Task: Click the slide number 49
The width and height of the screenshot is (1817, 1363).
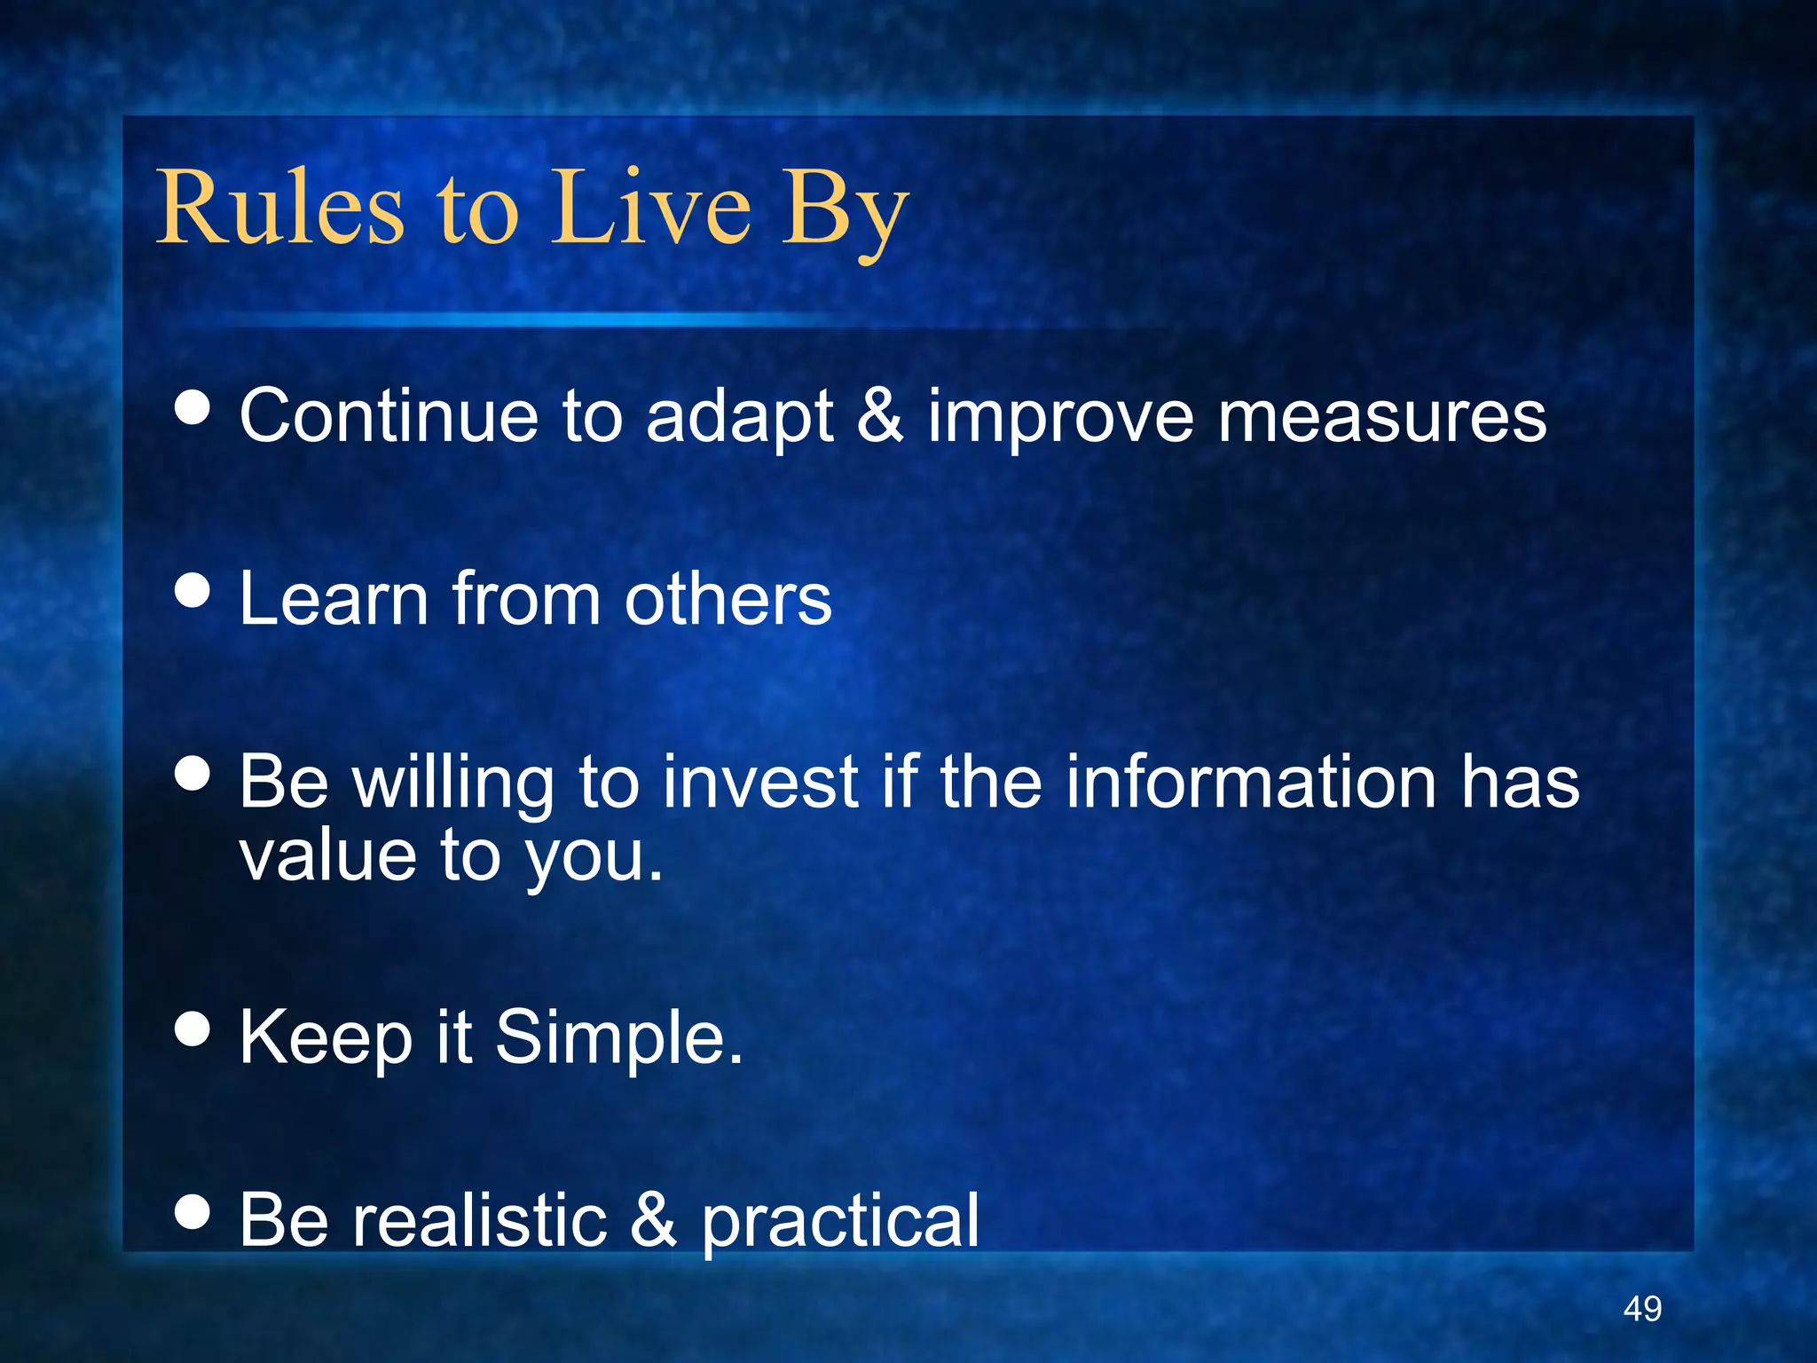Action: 1642,1309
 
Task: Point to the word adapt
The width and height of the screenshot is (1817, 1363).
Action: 739,417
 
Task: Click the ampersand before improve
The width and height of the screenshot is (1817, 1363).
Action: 880,414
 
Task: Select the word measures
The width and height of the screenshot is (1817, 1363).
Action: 1381,417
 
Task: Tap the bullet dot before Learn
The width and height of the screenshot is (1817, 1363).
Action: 193,590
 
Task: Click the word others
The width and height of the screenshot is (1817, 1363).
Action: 728,599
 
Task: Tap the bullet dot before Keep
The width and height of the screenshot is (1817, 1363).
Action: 193,1029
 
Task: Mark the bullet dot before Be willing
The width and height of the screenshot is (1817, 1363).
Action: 193,773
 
